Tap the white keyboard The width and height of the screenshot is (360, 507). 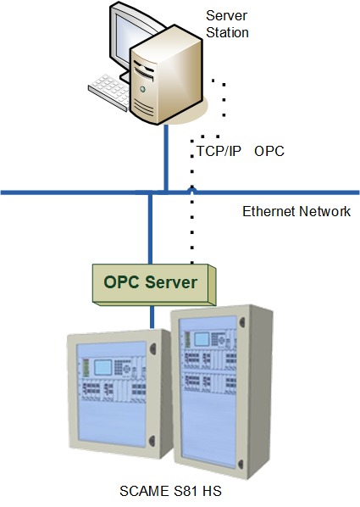[110, 86]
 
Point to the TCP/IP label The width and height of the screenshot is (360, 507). [219, 152]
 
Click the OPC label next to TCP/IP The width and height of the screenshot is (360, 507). [269, 152]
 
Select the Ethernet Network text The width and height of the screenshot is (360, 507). [296, 211]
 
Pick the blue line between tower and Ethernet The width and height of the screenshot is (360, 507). [167, 157]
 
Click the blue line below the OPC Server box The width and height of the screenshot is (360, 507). [152, 315]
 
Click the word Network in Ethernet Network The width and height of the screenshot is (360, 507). [323, 211]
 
